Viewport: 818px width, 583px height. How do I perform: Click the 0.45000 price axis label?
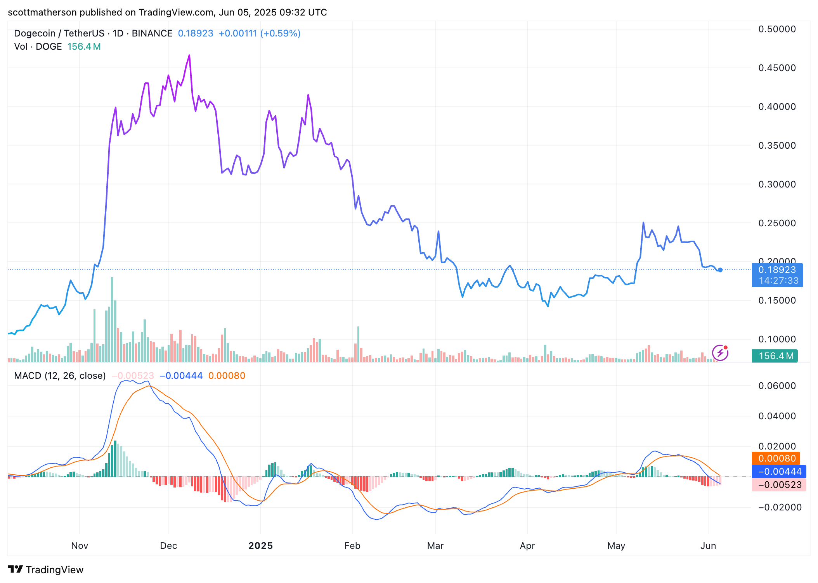(x=777, y=68)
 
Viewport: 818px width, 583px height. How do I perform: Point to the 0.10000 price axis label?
(x=777, y=339)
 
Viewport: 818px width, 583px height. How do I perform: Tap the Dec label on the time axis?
(x=168, y=546)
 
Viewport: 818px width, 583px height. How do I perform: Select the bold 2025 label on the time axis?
(x=260, y=546)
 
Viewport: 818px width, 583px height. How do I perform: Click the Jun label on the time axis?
(x=708, y=546)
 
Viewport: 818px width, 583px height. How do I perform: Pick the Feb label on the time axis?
(x=352, y=546)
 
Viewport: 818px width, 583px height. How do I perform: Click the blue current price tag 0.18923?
(x=777, y=270)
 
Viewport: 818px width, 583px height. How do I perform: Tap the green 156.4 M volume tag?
(x=775, y=356)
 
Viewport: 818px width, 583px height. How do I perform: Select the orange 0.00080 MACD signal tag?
(x=776, y=458)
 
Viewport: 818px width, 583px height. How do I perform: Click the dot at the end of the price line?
(x=720, y=270)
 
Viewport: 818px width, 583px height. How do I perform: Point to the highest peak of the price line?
(x=189, y=56)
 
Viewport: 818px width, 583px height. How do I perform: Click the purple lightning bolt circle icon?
(x=720, y=353)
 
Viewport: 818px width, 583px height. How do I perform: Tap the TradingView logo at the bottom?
(x=46, y=569)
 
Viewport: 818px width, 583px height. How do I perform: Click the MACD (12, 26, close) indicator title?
(x=60, y=376)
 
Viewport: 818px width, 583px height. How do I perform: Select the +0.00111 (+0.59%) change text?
(x=259, y=33)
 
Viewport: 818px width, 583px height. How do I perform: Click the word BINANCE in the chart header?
(x=152, y=33)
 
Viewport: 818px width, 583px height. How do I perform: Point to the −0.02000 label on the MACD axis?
(x=779, y=507)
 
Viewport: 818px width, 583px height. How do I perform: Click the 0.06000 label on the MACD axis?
(x=777, y=386)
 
